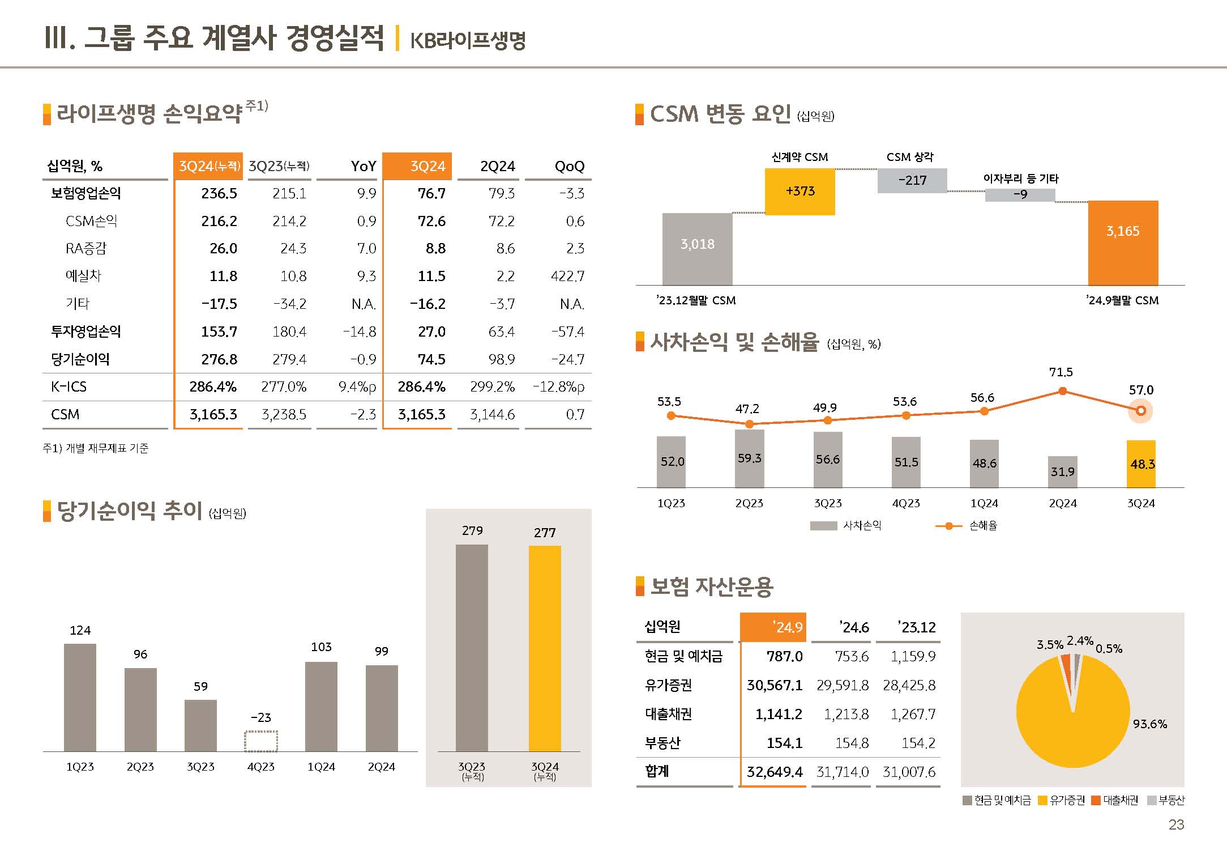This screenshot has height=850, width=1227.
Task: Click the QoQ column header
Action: coord(569,166)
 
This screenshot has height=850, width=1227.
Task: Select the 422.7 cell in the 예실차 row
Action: coord(567,276)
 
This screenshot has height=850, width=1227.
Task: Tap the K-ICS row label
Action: coord(69,386)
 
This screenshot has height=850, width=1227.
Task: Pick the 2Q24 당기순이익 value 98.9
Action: coord(501,359)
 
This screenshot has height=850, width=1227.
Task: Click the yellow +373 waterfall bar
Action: coord(800,192)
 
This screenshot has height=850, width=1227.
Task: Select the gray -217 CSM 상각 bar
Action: coord(912,181)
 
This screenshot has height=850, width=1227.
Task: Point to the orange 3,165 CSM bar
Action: coord(1123,243)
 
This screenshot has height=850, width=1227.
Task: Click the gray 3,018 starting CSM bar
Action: coord(697,249)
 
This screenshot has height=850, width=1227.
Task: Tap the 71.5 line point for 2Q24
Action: coord(1062,391)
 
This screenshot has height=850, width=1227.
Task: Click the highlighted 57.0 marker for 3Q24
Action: coord(1140,411)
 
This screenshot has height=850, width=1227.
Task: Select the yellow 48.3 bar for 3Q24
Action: coord(1141,464)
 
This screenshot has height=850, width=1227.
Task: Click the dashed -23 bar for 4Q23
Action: coord(261,741)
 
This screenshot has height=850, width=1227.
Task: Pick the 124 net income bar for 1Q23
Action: coord(80,697)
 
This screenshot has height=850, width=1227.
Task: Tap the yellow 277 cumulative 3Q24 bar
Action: coord(545,648)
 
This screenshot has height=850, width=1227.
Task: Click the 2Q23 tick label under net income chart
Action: coord(140,767)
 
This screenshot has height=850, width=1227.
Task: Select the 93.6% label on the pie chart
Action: coord(1149,724)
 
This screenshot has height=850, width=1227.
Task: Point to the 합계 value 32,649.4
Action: coord(774,772)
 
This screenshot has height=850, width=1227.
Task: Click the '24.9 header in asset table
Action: coord(788,627)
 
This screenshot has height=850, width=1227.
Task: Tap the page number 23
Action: coord(1175,824)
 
